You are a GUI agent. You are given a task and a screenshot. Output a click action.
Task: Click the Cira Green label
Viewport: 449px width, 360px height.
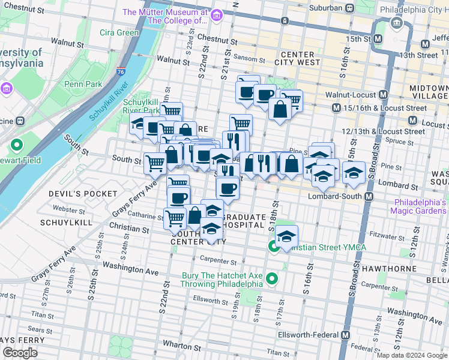119,32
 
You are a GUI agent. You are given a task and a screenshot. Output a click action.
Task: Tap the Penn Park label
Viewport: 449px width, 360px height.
83,84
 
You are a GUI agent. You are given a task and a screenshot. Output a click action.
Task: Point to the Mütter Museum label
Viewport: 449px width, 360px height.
165,16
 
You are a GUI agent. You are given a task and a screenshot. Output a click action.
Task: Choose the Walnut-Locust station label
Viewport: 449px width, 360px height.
345,95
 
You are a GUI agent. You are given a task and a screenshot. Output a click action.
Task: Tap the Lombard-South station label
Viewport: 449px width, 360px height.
336,196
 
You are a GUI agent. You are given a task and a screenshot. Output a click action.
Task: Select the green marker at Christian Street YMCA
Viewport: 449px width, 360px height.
273,246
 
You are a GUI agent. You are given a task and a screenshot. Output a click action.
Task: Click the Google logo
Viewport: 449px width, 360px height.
20,353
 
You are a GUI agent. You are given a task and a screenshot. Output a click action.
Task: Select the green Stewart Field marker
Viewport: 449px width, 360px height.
16,145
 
